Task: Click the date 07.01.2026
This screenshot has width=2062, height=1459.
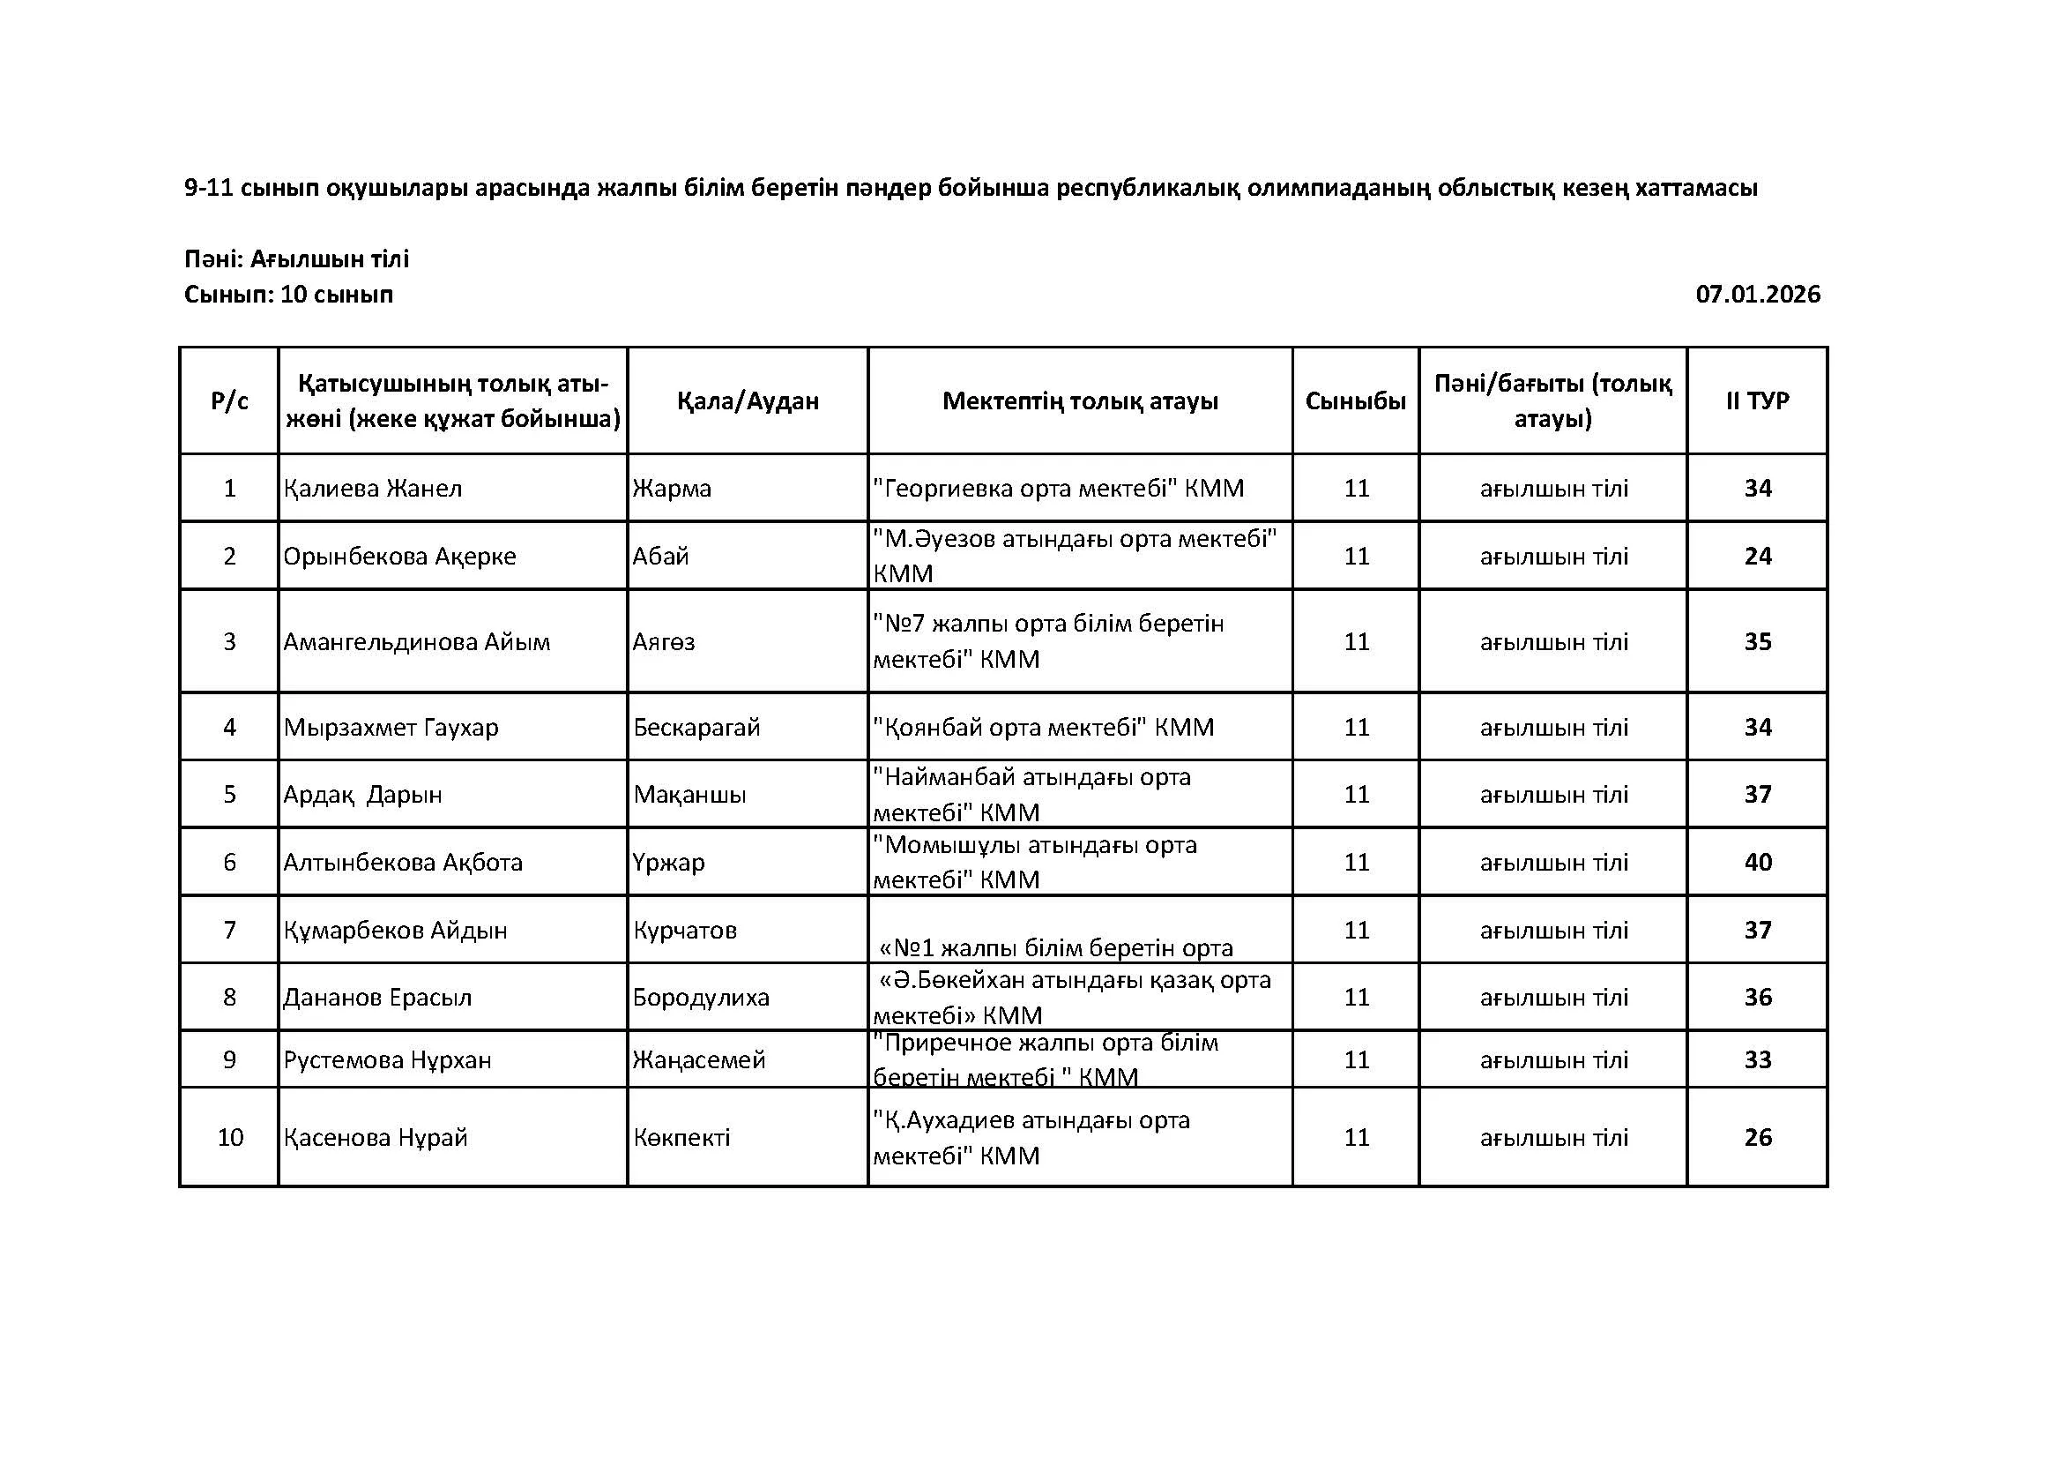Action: click(x=1757, y=295)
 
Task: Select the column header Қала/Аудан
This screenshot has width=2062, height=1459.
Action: click(x=748, y=400)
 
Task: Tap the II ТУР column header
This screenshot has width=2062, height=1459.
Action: click(x=1757, y=400)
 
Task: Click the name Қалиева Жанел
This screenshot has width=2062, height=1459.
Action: click(x=373, y=489)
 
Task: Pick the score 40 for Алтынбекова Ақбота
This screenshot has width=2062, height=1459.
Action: click(x=1758, y=863)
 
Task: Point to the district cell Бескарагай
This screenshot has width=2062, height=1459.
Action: click(x=696, y=727)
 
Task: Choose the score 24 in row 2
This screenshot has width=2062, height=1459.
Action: click(x=1758, y=556)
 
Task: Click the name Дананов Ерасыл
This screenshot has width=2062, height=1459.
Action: click(x=377, y=998)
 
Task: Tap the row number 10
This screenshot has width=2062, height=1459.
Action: click(x=230, y=1137)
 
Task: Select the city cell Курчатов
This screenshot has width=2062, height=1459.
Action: click(x=684, y=930)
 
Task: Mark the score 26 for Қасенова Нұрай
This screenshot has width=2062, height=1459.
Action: click(x=1758, y=1137)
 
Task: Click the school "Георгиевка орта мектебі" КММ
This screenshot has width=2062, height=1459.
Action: click(x=1058, y=489)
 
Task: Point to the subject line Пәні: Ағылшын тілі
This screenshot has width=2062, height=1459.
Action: click(x=296, y=259)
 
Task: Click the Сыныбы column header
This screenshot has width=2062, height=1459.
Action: click(x=1355, y=400)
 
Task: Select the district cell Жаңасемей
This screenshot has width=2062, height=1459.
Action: click(x=699, y=1060)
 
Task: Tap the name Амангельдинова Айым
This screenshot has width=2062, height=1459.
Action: click(x=417, y=642)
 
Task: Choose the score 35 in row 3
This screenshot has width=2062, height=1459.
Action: click(x=1758, y=642)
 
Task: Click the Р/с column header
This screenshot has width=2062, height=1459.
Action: click(x=229, y=400)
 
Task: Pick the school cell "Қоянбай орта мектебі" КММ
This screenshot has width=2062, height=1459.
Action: click(x=1043, y=727)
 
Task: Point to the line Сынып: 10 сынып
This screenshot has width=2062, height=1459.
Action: click(x=288, y=295)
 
